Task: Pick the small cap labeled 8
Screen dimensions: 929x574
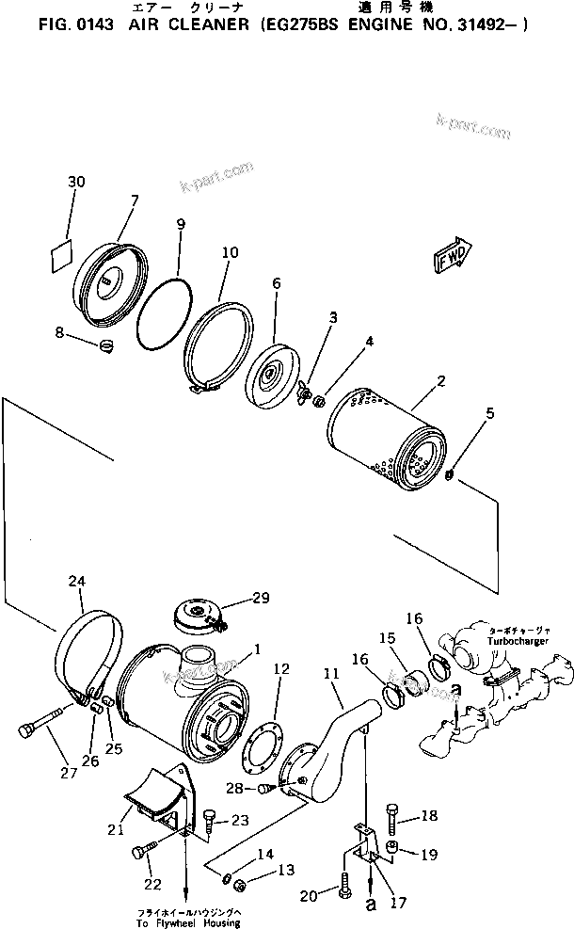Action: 106,344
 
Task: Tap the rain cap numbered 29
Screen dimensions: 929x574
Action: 199,617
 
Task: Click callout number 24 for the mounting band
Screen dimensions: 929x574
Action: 76,581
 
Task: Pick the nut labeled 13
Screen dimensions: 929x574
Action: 240,883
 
